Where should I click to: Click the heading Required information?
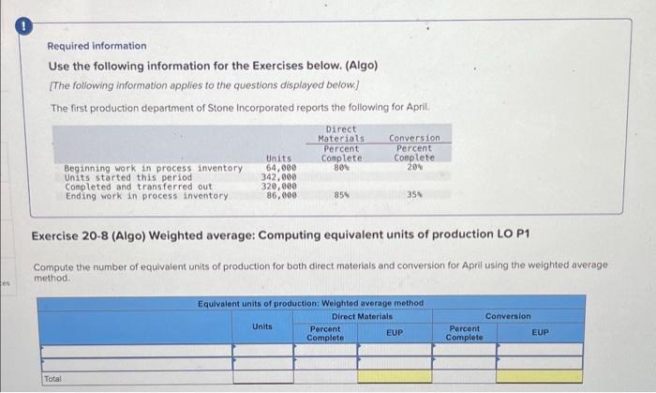click(97, 46)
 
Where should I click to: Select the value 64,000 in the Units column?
click(281, 169)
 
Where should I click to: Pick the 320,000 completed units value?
click(279, 187)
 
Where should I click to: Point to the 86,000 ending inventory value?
click(281, 195)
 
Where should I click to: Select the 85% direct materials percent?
click(340, 195)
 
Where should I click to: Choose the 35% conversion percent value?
click(414, 195)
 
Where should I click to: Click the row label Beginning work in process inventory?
click(153, 169)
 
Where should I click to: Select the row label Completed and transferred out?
click(138, 187)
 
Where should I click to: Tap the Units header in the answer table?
click(263, 327)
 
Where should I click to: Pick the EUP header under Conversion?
click(541, 332)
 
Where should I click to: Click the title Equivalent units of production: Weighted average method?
click(310, 304)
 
